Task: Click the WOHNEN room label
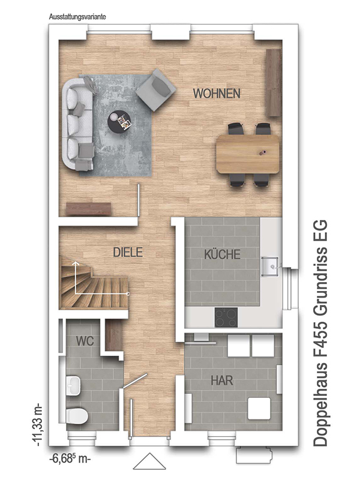(217, 94)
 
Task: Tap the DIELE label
(128, 252)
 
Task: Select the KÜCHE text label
(222, 254)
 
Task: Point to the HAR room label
(222, 380)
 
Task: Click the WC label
(85, 341)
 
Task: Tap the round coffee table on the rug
(119, 121)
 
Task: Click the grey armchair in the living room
(156, 89)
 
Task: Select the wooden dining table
(248, 154)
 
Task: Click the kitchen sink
(269, 266)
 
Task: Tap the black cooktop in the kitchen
(226, 317)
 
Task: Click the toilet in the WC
(77, 416)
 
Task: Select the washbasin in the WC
(73, 385)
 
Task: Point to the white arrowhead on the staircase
(74, 263)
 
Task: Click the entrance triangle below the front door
(149, 461)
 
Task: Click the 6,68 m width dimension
(70, 459)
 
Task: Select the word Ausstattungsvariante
(77, 17)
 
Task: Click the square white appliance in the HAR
(259, 409)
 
